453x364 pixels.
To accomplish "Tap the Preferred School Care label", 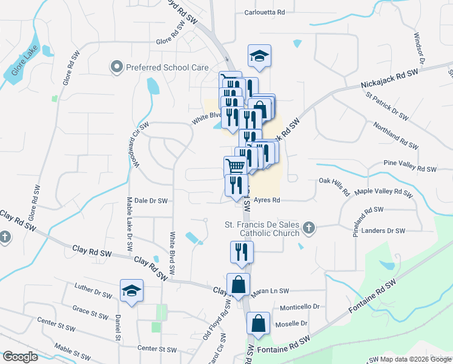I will (x=167, y=68).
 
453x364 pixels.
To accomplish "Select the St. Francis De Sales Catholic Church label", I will (x=262, y=229).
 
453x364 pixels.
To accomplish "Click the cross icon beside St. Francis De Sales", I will (x=309, y=228).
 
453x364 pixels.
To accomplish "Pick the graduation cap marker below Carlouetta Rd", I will (x=259, y=56).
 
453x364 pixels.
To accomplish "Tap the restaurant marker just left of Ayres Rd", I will (x=236, y=185).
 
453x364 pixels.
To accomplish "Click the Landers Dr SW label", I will (x=382, y=231).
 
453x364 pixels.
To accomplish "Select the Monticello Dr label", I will (x=299, y=307).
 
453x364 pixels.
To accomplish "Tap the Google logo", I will (x=21, y=357).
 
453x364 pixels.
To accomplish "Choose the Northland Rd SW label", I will (x=396, y=134).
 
